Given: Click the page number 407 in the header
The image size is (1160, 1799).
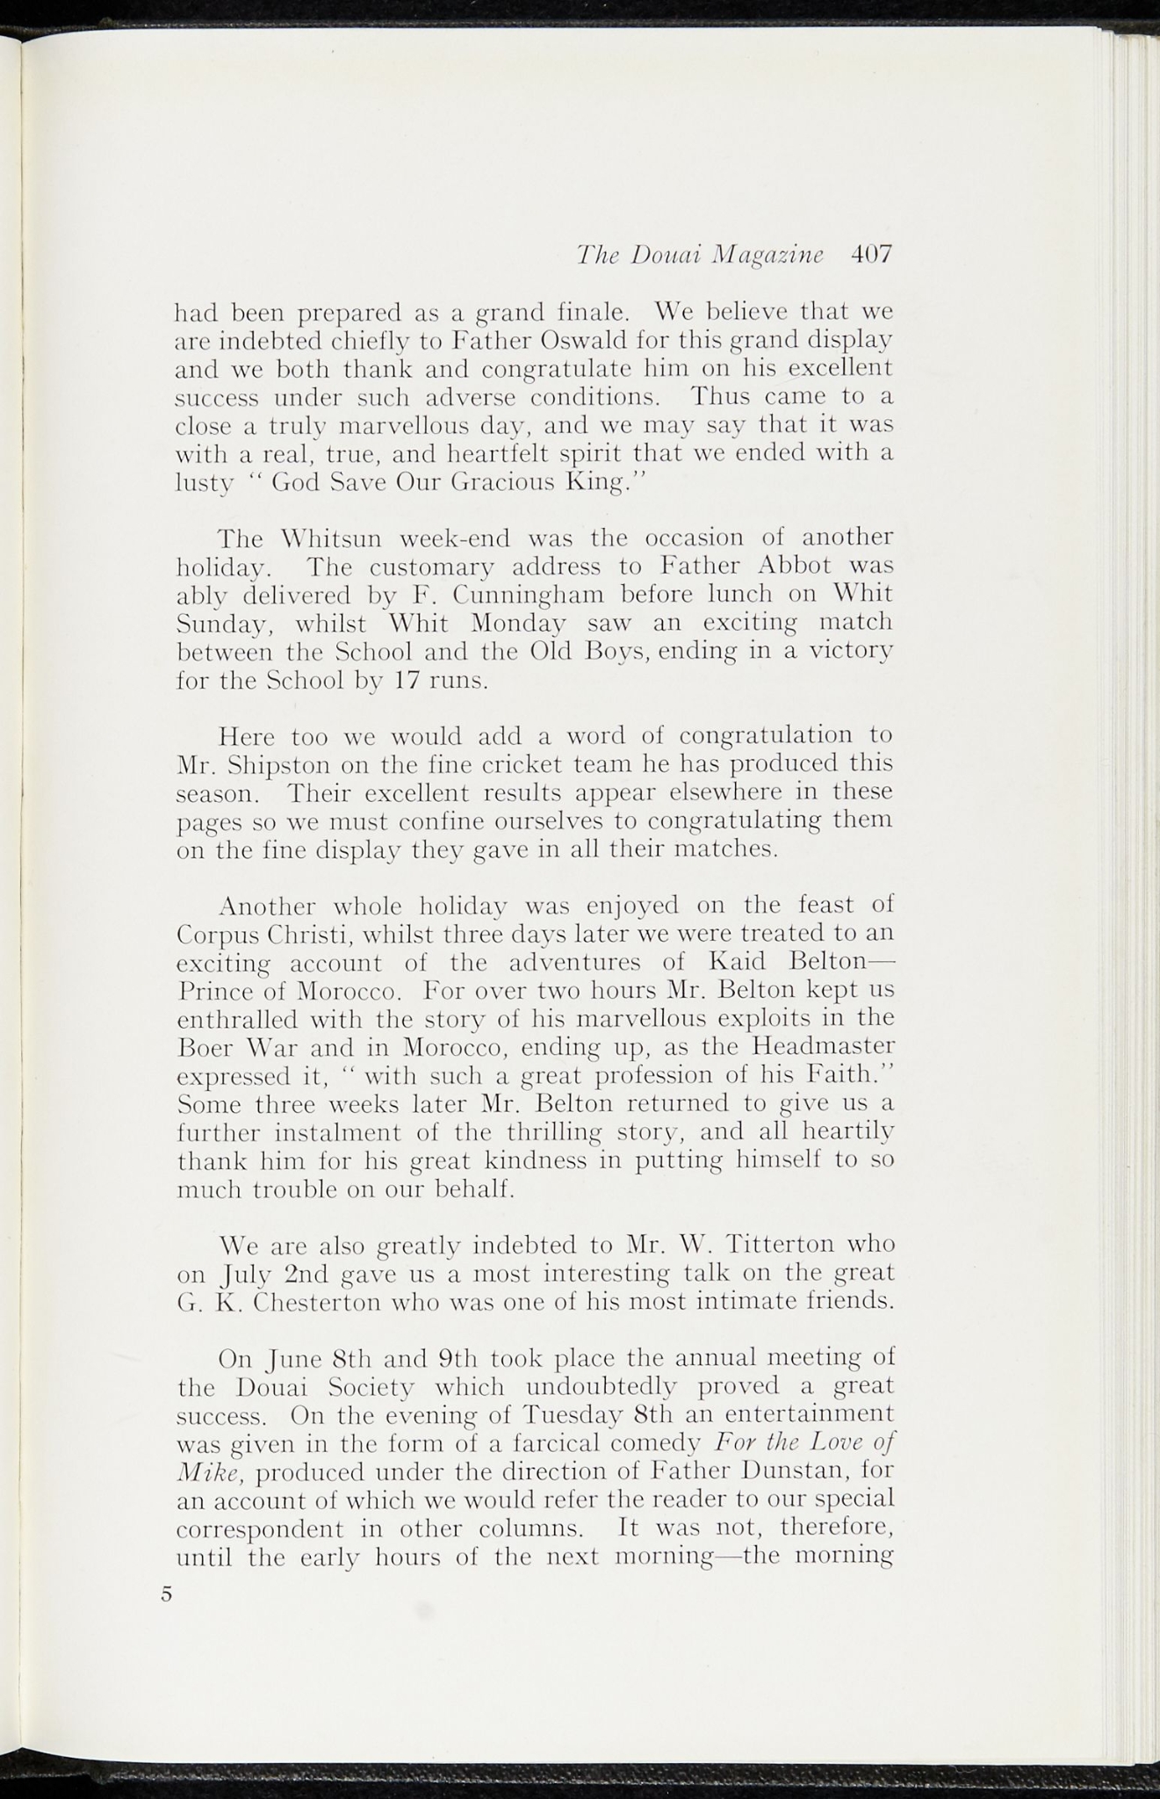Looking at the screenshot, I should pos(871,255).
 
